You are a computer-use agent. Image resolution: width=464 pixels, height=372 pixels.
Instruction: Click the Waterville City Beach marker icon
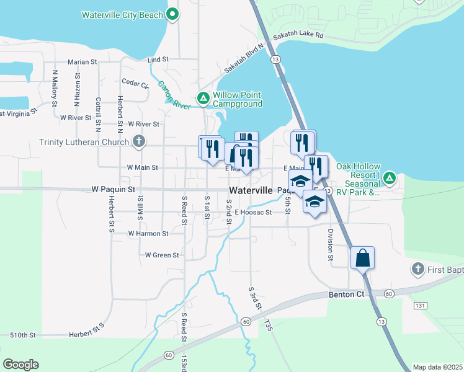172,14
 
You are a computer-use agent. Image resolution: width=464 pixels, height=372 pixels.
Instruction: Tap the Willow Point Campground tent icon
203,98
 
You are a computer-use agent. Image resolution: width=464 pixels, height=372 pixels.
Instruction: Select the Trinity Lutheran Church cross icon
139,141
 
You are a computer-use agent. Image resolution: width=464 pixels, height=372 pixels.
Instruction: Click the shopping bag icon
362,257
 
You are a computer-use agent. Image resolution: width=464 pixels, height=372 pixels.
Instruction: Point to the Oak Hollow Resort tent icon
389,179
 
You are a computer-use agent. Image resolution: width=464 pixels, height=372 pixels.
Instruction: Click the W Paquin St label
113,188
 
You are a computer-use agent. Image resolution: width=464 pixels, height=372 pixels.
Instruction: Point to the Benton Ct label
345,296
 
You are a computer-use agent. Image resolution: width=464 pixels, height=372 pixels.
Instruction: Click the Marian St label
83,62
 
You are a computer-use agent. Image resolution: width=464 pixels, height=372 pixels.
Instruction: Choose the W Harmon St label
148,234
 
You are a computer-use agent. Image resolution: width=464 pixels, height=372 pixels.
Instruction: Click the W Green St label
162,255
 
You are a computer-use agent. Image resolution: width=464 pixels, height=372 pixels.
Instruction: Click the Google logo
21,364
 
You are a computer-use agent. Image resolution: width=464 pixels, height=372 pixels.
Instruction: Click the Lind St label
158,60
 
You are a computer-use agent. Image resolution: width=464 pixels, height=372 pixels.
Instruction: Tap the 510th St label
23,335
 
